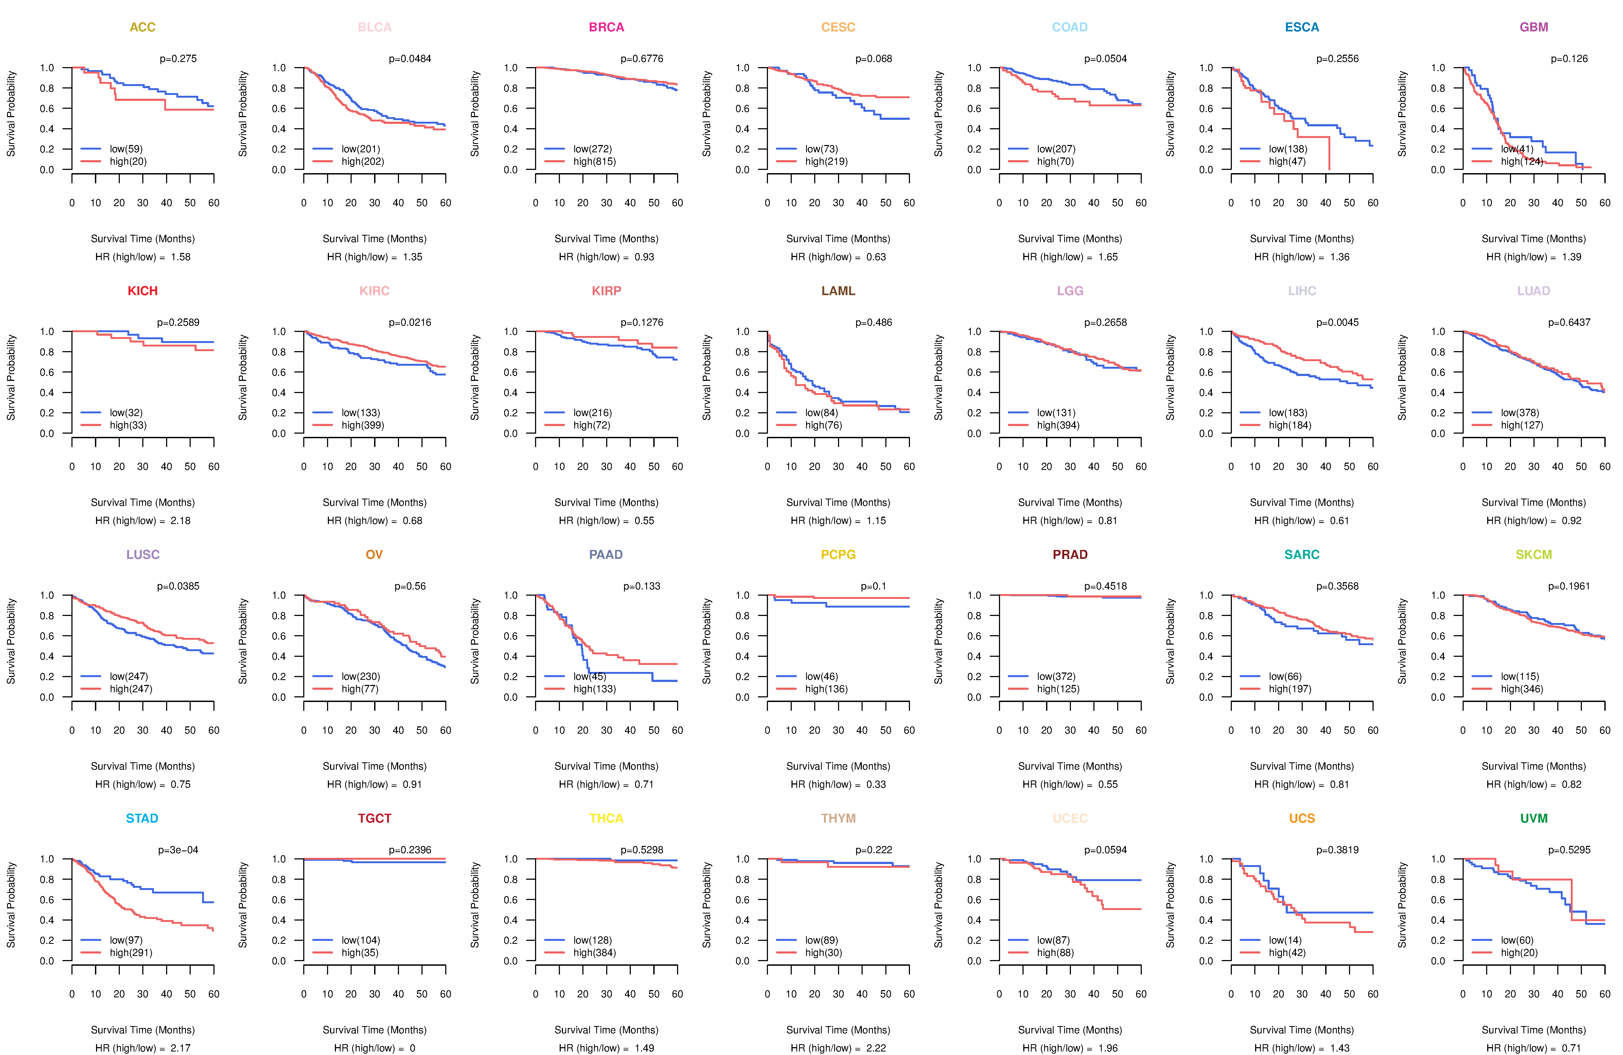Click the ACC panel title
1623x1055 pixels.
(x=143, y=27)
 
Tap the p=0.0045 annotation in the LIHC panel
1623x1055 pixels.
(x=1337, y=322)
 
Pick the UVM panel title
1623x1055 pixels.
(x=1534, y=818)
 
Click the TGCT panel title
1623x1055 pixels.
(x=374, y=818)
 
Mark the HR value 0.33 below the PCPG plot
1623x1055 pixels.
(x=876, y=784)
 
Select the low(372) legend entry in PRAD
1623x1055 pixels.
(x=1056, y=677)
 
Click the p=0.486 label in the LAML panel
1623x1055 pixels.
(x=873, y=322)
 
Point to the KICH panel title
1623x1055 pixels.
(x=143, y=291)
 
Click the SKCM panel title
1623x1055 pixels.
(x=1534, y=555)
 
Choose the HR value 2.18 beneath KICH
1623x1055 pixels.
(x=181, y=520)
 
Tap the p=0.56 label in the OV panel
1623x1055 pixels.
(x=410, y=586)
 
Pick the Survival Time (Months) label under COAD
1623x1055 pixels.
(x=1070, y=239)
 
